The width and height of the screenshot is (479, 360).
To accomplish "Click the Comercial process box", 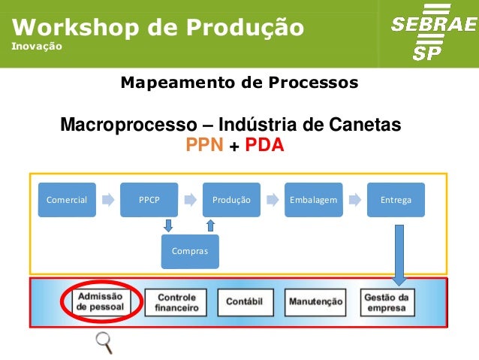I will tap(67, 200).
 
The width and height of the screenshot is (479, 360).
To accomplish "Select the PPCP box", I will tap(149, 200).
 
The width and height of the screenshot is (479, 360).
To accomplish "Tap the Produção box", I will tap(231, 200).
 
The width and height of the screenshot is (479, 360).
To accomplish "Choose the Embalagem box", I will tap(313, 200).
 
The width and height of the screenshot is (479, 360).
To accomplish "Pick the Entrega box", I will tap(396, 200).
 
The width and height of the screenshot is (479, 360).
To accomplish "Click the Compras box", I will tap(190, 251).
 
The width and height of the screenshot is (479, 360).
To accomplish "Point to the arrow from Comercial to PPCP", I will tap(108, 200).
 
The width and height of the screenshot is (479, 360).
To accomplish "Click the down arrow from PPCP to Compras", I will tap(169, 225).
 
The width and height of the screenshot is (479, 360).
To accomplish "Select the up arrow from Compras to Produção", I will tap(211, 225).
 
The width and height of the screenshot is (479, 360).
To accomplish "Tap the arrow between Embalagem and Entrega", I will tap(354, 200).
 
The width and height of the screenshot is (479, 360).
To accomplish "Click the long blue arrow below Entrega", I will tap(399, 253).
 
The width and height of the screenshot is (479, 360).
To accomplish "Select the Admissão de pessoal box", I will tap(101, 302).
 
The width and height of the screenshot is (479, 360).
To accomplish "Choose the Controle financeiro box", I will tap(176, 302).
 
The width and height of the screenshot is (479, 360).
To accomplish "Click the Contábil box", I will tap(245, 302).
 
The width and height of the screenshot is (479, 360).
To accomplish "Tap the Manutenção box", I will tap(315, 302).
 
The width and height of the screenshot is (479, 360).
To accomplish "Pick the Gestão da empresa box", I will tap(387, 302).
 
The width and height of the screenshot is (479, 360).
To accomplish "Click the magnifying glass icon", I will tap(104, 342).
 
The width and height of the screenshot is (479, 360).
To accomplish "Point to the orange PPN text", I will tap(205, 145).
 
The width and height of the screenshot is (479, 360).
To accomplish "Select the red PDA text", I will tap(265, 145).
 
